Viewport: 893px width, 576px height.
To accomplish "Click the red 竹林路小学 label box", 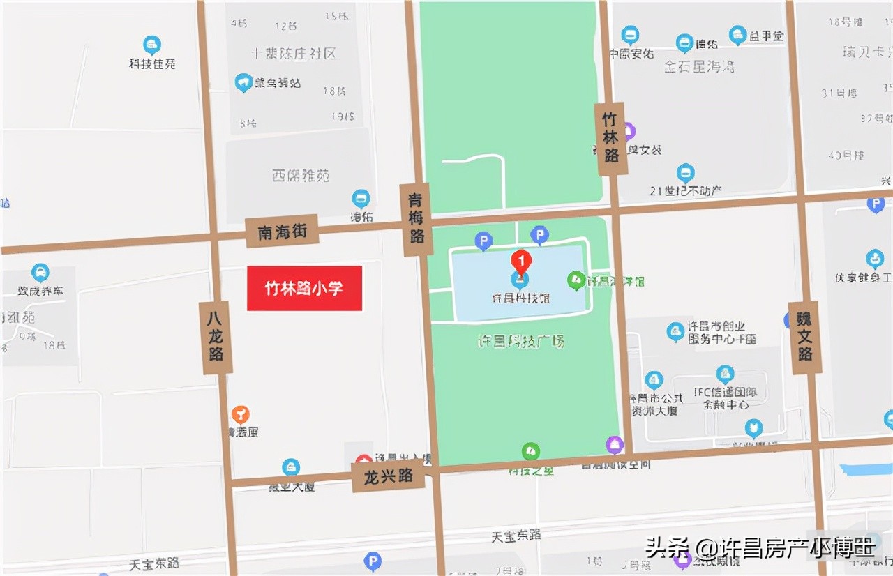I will [304, 288].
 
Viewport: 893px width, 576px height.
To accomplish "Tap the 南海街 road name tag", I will [282, 232].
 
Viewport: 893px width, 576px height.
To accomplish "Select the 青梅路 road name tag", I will [417, 219].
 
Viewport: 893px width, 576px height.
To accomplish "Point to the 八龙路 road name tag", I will [216, 337].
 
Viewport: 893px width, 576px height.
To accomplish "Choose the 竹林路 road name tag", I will [611, 138].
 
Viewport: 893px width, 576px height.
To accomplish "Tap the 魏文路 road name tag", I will [805, 336].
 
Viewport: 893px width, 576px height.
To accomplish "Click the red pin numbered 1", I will [520, 261].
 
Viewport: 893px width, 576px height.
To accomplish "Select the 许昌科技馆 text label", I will [520, 298].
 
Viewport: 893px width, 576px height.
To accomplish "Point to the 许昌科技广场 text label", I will [520, 342].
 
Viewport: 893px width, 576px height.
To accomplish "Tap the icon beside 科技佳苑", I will [152, 45].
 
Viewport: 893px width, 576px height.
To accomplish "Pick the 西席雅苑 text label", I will [301, 176].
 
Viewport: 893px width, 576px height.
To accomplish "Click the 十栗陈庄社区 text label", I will [294, 54].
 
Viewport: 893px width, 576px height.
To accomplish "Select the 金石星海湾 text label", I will [698, 67].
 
